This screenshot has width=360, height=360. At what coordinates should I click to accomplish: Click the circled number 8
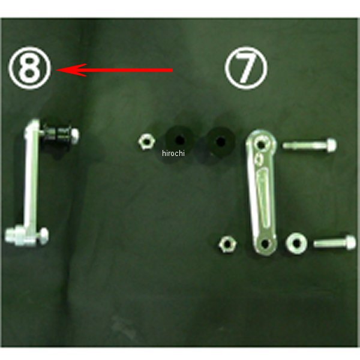tap(29, 68)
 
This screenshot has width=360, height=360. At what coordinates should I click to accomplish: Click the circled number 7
tap(246, 68)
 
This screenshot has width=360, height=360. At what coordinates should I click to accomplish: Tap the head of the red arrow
tap(57, 70)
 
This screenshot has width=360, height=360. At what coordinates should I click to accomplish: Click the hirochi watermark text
tap(173, 153)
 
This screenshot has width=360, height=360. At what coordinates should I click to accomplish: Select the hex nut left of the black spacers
tap(147, 142)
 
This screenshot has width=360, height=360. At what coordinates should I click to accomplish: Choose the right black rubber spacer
tap(220, 141)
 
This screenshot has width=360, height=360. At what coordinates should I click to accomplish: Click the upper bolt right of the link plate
tap(310, 145)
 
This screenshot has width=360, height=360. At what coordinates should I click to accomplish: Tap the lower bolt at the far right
tap(335, 242)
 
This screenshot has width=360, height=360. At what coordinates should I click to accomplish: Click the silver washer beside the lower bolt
tap(296, 243)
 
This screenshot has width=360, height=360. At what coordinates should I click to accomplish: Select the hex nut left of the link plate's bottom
tap(227, 245)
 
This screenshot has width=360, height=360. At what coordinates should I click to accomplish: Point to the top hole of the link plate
tap(261, 145)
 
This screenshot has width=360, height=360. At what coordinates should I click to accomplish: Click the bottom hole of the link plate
tap(265, 244)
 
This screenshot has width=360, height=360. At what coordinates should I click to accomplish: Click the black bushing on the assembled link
tap(57, 135)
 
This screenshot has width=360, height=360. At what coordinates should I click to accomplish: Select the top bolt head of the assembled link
tap(74, 135)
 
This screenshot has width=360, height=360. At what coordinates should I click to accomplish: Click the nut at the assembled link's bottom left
tap(14, 235)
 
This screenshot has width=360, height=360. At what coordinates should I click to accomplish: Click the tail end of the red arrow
tap(173, 70)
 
